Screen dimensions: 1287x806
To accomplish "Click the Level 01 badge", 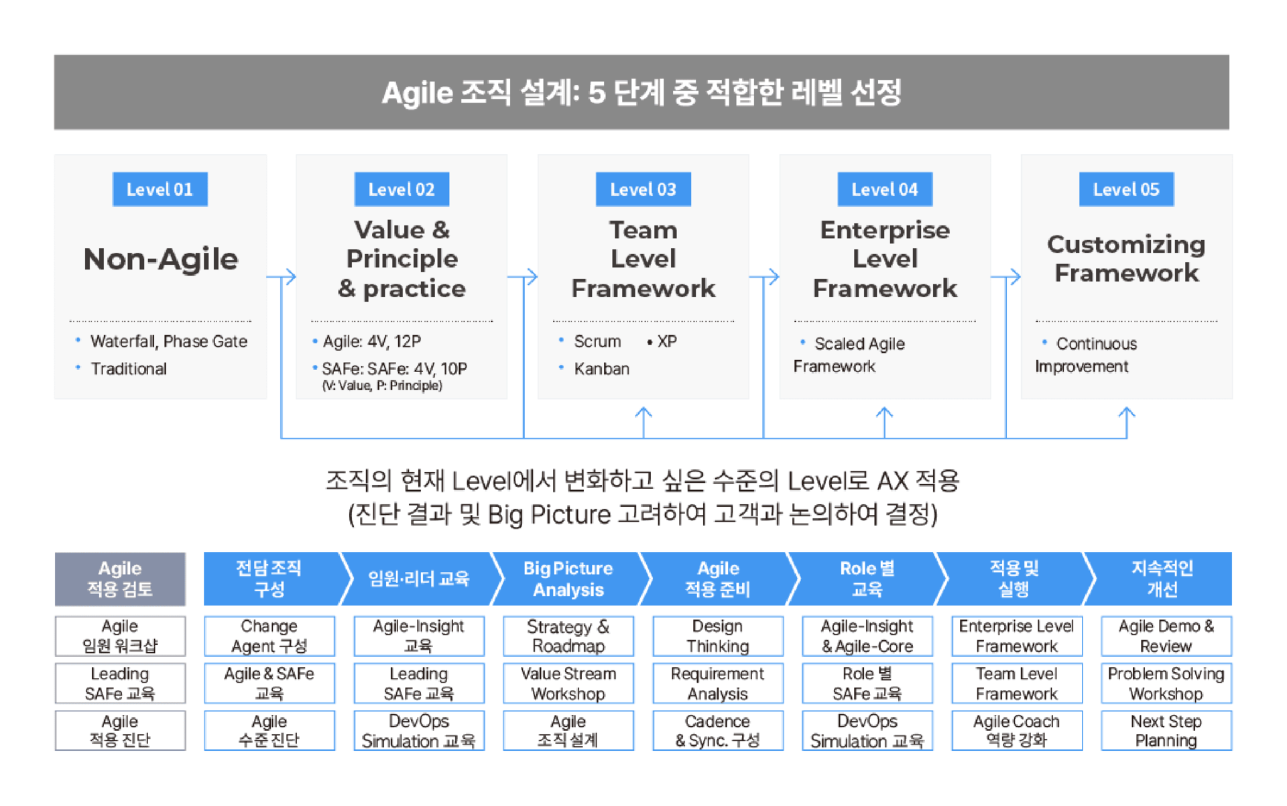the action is point(160,189).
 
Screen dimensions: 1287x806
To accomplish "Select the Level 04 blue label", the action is point(885,189).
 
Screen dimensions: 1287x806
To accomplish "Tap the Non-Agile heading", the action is point(161,260).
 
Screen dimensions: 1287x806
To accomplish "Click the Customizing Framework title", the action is point(1126,259).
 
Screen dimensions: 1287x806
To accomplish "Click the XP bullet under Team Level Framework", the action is point(662,341).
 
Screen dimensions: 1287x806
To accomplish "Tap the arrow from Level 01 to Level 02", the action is point(282,276).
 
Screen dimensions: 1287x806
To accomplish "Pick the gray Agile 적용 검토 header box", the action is point(120,579).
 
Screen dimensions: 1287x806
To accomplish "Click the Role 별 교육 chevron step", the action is point(867,579).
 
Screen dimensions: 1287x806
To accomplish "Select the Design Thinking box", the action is point(718,636).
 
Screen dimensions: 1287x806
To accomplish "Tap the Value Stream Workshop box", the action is point(568,683).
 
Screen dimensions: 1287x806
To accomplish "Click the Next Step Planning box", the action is point(1166,731).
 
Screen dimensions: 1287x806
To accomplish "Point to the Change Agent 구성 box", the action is point(269,636).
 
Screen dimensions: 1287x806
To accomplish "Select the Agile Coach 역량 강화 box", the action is point(1017,731).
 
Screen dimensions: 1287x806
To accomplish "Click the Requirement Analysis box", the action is point(718,683).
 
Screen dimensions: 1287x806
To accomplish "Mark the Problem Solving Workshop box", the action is point(1166,683).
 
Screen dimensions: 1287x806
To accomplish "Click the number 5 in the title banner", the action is point(597,93).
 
